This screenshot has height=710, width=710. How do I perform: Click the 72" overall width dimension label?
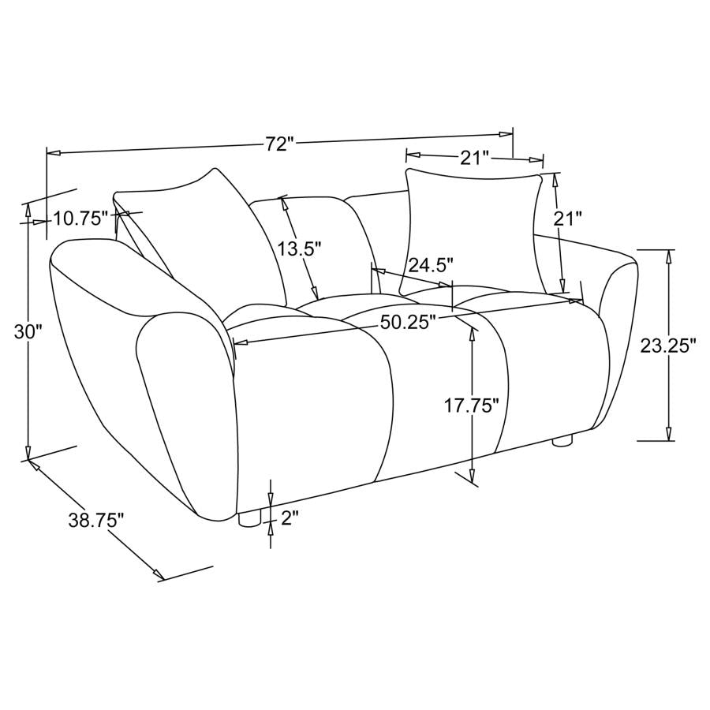point(279,144)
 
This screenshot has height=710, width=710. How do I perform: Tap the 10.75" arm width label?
point(80,219)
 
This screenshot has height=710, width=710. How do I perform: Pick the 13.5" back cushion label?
point(300,249)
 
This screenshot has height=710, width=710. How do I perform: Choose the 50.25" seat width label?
point(407,322)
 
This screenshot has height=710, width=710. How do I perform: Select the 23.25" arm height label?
point(667,345)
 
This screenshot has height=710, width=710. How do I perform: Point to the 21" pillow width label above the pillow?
point(475,158)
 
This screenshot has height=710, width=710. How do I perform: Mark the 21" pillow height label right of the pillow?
point(568,219)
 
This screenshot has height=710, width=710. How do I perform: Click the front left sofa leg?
point(248,518)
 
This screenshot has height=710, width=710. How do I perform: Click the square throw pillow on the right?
point(473,229)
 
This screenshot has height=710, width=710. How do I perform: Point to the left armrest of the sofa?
point(142,371)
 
